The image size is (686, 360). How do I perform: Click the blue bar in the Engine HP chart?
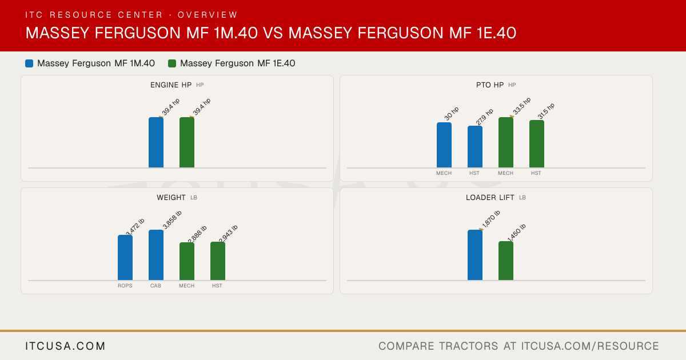pos(156,142)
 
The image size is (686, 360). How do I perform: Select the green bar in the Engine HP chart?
pos(187,142)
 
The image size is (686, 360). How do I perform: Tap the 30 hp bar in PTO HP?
pos(444,145)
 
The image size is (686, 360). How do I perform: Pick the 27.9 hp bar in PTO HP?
pos(475,147)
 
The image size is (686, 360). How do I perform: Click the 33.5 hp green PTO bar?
pos(506,142)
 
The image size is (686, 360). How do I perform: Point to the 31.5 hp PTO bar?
pos(537,144)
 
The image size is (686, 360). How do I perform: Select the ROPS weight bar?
pos(125,258)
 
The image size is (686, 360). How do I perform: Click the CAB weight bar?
pos(156,255)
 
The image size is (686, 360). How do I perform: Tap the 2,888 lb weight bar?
pos(187,261)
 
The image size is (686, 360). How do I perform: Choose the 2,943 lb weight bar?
pos(218,261)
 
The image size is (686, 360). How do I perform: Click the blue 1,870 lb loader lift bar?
pos(475,255)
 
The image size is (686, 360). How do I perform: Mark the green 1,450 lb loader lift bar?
pos(506,261)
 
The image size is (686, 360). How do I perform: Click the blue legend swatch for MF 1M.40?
pos(29,63)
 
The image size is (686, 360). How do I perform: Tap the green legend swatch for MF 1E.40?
pos(172,63)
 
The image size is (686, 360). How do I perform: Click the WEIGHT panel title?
pos(171,198)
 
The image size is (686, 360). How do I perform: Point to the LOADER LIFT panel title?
pos(490,198)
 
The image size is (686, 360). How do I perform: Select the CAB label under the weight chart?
pos(155,286)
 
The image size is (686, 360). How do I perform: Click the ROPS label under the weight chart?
pos(125,286)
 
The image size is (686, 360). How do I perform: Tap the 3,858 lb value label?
pos(172,219)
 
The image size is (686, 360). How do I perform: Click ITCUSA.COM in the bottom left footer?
pos(65,346)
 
